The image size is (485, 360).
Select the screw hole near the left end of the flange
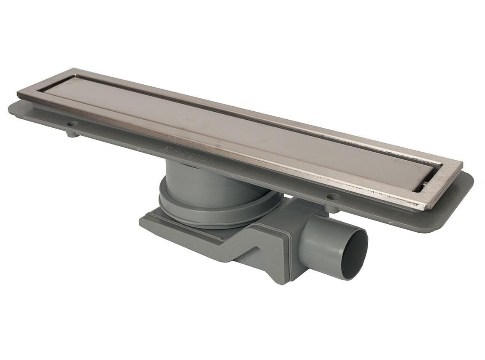(73, 124)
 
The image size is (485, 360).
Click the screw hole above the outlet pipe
(333, 197)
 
